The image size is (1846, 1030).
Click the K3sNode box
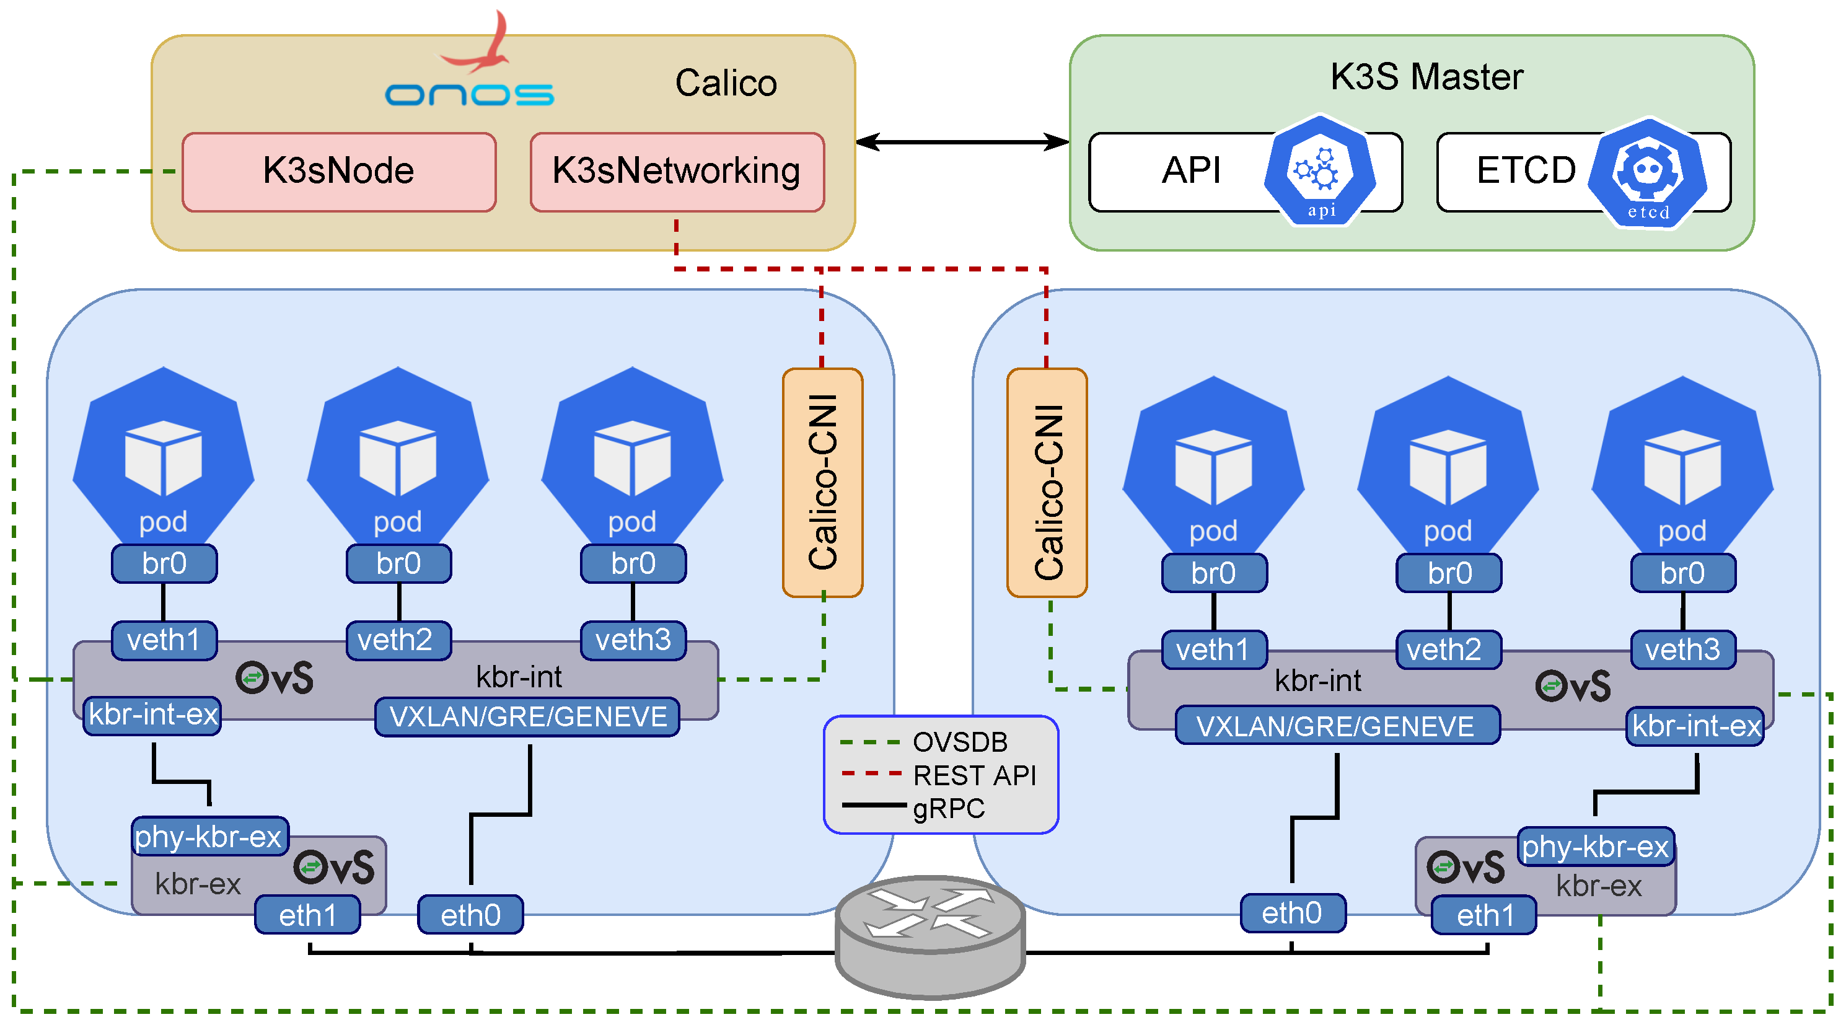tap(338, 171)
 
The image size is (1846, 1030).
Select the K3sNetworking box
tap(677, 171)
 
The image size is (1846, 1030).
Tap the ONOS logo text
tap(469, 94)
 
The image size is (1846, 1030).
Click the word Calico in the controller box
tap(725, 83)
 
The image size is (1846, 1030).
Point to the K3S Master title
tap(1426, 77)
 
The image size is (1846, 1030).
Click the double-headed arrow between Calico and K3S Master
tap(962, 142)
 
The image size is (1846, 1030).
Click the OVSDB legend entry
tap(959, 742)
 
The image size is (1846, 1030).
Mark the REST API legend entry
tap(973, 775)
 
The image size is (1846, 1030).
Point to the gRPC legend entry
tap(947, 808)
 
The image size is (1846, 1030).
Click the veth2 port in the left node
tap(398, 640)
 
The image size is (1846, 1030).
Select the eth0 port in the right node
tap(1292, 912)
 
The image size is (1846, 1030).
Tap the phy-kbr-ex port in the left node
tap(209, 836)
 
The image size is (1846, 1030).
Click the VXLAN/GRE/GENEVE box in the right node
tap(1337, 725)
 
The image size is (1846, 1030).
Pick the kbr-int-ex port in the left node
tap(152, 715)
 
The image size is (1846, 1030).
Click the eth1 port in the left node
tap(307, 915)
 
